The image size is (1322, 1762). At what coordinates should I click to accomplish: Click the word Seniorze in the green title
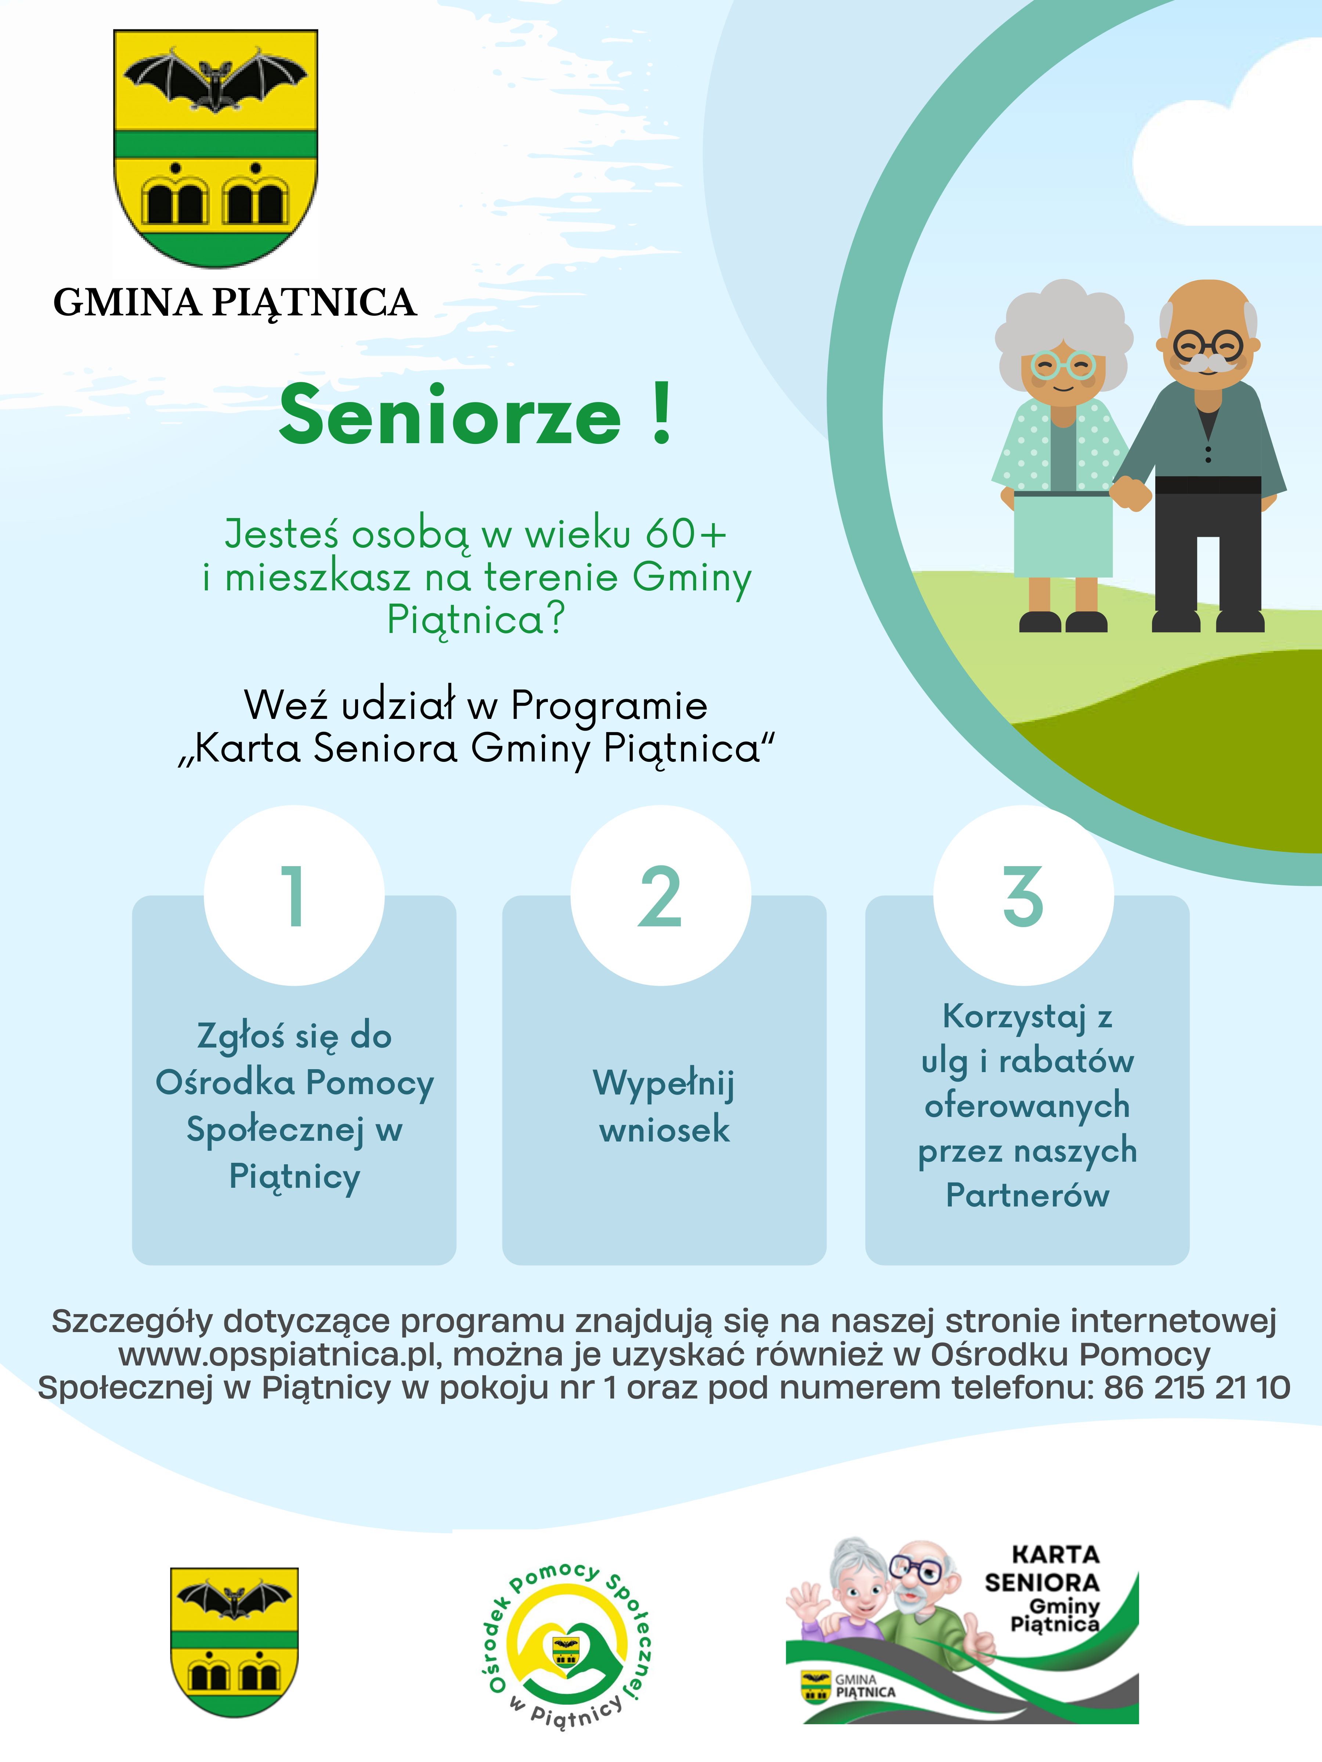tap(450, 415)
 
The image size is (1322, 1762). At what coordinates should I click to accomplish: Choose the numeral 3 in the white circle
tap(1023, 896)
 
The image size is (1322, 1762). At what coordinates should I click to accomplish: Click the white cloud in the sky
tap(1231, 144)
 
